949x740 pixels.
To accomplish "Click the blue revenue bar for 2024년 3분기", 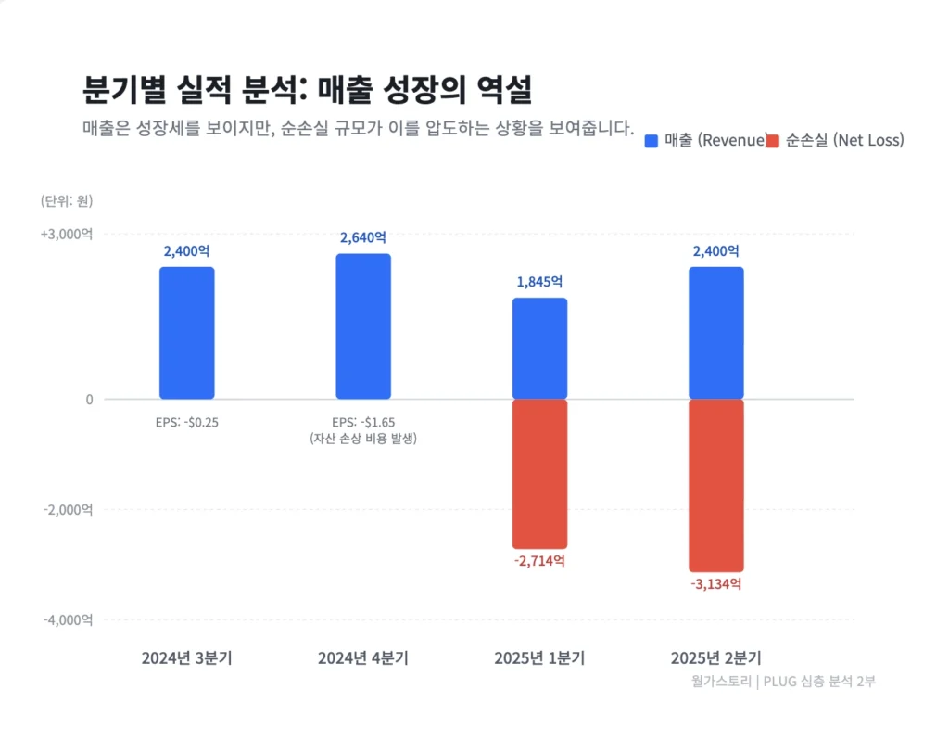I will click(x=186, y=333).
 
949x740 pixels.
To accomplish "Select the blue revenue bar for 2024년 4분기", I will click(x=362, y=326).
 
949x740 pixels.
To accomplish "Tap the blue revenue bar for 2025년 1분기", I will click(x=539, y=349).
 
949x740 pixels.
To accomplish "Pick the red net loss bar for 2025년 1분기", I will click(x=539, y=474).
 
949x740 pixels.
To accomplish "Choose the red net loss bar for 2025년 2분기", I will click(x=715, y=485).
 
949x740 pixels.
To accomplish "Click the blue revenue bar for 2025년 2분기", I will click(x=715, y=333).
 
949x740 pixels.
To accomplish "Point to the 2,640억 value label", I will click(x=363, y=238).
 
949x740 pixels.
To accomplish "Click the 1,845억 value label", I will click(x=539, y=282).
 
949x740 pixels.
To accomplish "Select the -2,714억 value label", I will click(x=539, y=561).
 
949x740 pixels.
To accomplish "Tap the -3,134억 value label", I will click(x=715, y=584).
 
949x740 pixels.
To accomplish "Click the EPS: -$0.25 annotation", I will click(x=186, y=422).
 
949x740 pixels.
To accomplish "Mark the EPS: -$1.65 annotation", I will click(x=363, y=422).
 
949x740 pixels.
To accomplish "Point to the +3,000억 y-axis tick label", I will click(x=66, y=235).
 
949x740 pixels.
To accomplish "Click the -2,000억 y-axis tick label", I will click(x=68, y=509).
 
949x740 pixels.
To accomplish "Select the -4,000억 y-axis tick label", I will click(x=68, y=619).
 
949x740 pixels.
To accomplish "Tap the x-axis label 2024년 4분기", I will click(x=363, y=658).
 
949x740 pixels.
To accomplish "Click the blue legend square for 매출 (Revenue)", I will click(x=652, y=141).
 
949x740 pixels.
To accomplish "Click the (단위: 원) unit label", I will click(x=67, y=200).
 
